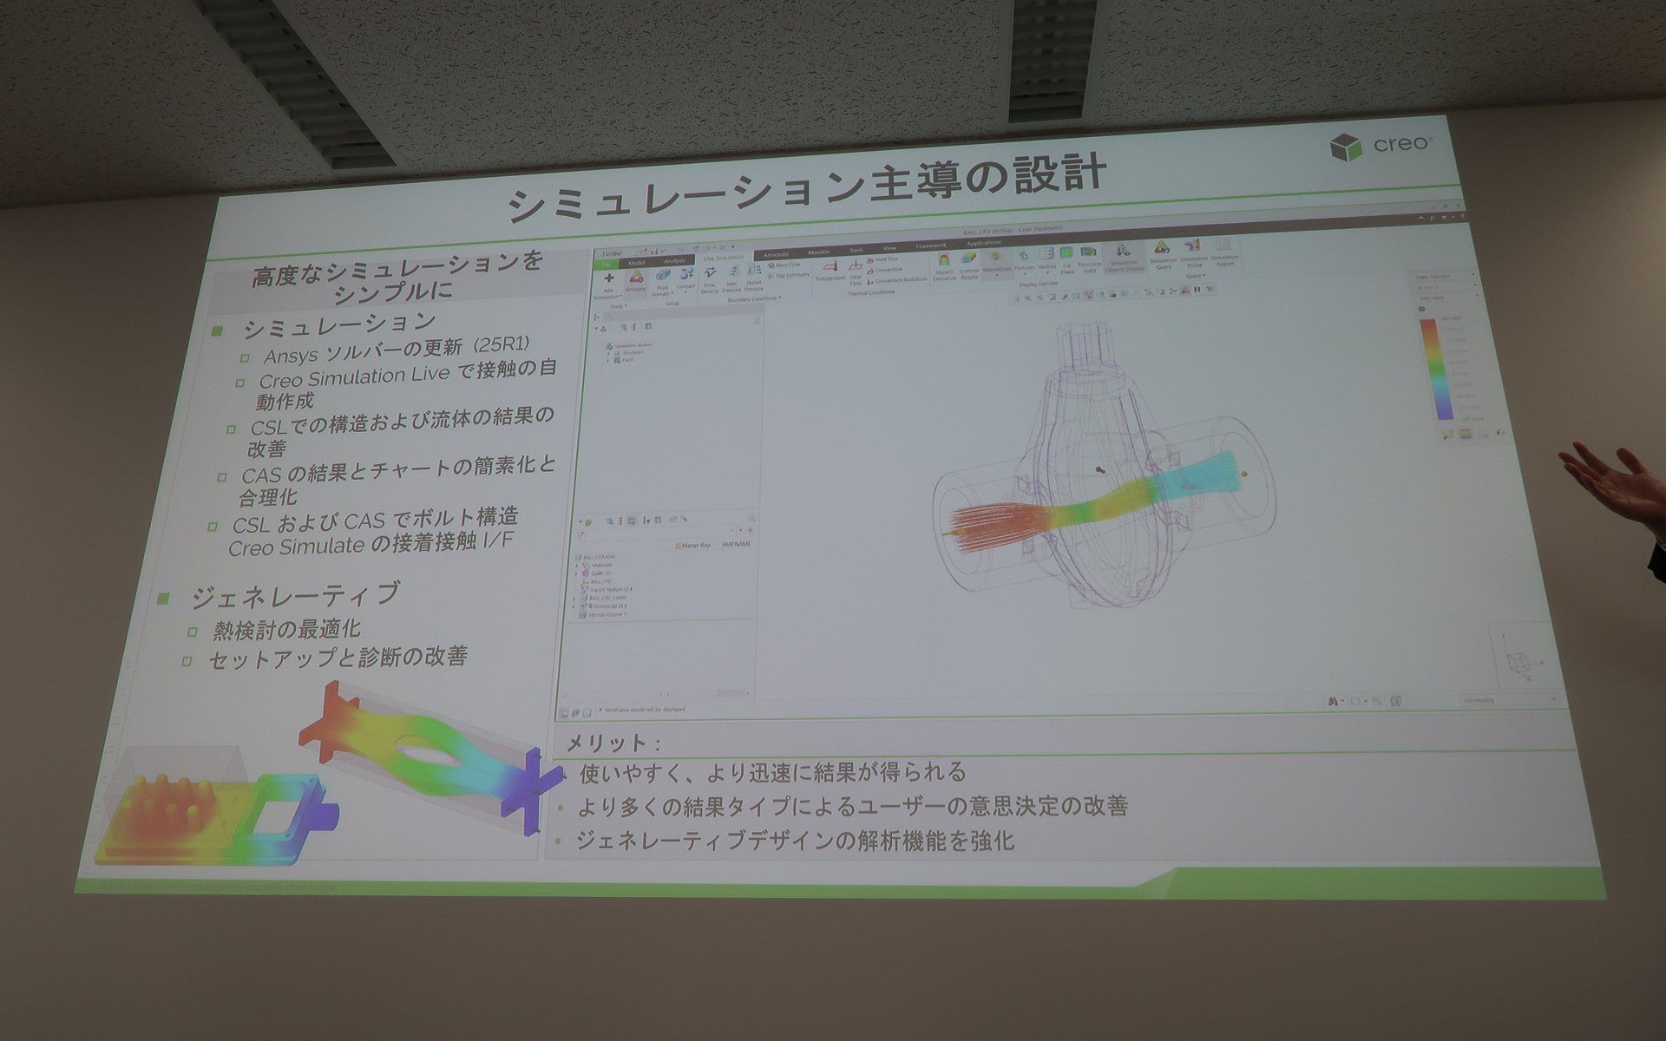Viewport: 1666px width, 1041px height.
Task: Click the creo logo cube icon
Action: (1346, 148)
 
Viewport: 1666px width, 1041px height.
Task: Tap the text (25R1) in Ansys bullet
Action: (501, 344)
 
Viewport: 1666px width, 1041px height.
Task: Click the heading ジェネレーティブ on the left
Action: (295, 595)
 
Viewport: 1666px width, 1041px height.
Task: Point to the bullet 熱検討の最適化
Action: (287, 629)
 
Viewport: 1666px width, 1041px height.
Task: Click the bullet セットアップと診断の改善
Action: (338, 658)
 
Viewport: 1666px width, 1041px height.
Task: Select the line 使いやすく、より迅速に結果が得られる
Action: (772, 772)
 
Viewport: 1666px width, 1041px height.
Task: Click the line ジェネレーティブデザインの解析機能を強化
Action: (794, 840)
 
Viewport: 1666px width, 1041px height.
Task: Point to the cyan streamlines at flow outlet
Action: (1206, 477)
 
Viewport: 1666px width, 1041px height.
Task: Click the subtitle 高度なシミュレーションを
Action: (397, 270)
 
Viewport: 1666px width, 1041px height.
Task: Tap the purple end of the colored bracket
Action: (529, 785)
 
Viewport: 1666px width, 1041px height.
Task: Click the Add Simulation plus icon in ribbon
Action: (608, 278)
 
